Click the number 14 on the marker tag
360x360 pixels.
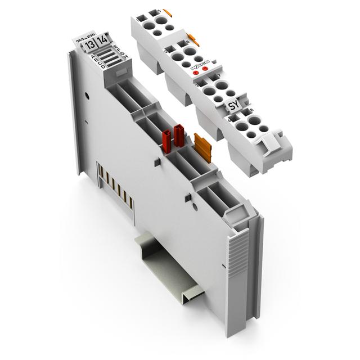click(x=103, y=41)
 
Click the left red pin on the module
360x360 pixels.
click(x=168, y=138)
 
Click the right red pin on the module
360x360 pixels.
click(x=179, y=136)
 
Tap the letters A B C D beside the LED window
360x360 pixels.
click(x=94, y=60)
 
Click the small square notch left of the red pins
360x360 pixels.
click(x=154, y=161)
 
